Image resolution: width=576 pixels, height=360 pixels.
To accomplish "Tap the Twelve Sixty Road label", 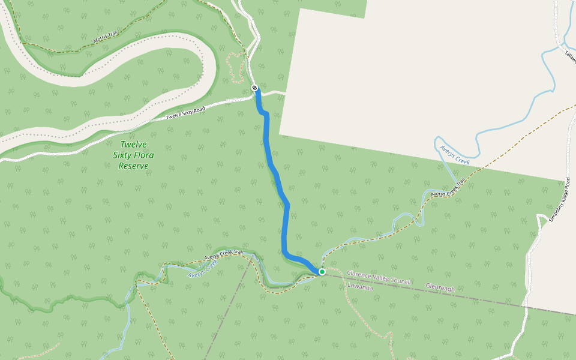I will click(x=185, y=112).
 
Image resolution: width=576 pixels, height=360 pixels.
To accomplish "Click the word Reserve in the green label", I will click(x=134, y=166).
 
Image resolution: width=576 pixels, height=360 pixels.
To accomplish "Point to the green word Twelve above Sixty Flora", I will click(x=133, y=144).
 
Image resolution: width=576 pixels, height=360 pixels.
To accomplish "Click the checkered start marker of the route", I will click(x=255, y=89).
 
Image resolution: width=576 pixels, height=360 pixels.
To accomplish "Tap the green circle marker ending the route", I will click(x=322, y=272).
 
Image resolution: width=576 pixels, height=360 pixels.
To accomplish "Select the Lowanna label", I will click(x=360, y=287).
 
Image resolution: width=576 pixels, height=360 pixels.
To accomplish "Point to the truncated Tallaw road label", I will click(x=569, y=55).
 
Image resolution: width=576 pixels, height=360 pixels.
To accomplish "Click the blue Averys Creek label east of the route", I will click(x=454, y=155).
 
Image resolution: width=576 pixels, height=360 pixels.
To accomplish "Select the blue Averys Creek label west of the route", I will click(x=203, y=269).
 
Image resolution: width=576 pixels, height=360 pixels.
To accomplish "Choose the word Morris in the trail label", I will click(x=100, y=41).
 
